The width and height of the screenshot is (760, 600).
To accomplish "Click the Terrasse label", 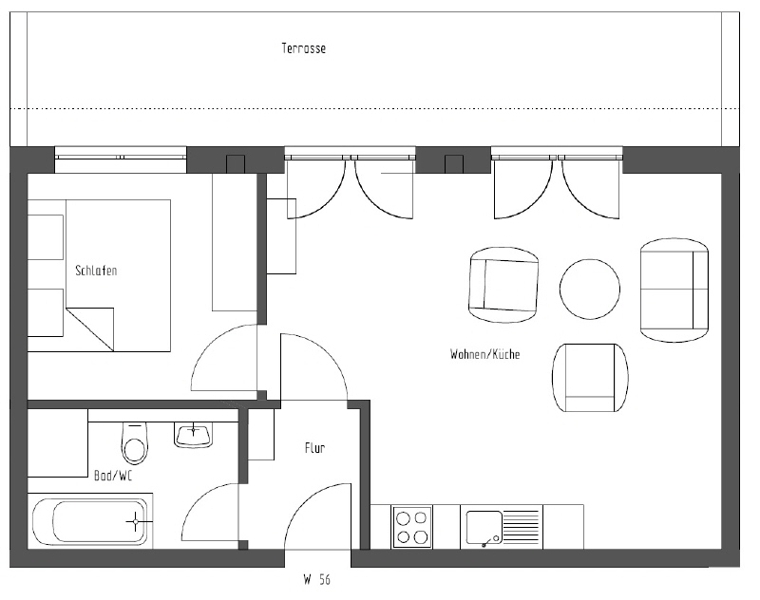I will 304,48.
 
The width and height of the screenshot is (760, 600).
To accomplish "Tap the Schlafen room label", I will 96,272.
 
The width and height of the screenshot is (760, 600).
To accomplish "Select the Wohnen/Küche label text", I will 484,354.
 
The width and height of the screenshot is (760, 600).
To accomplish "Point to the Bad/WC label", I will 112,475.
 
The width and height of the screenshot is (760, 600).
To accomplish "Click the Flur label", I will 314,447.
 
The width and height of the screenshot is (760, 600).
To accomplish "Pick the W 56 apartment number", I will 316,577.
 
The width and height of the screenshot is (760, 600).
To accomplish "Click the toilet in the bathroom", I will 135,443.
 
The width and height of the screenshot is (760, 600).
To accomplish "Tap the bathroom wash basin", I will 194,434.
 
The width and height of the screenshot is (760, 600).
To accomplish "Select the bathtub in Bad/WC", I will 89,521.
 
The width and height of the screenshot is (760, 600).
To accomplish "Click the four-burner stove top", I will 412,527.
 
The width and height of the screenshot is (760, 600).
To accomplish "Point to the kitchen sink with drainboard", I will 502,527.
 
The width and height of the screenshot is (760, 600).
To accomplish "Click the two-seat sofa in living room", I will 675,291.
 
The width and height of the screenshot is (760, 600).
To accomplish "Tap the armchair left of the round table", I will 503,286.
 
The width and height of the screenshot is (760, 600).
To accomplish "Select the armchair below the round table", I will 590,378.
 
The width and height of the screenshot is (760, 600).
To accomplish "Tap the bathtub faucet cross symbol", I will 136,520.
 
